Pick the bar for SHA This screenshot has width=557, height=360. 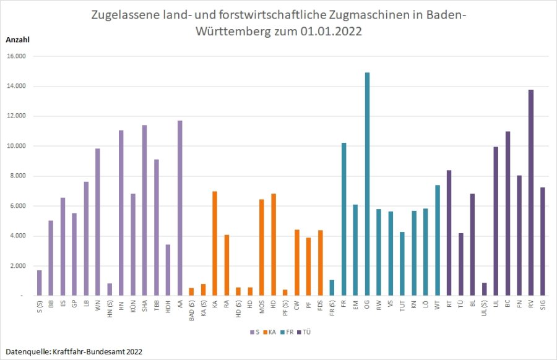pyautogui.click(x=144, y=210)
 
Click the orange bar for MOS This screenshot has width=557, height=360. pyautogui.click(x=261, y=247)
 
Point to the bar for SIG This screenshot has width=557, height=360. pyautogui.click(x=542, y=242)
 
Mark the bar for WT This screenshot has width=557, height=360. pyautogui.click(x=437, y=241)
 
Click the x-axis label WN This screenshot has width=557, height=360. pyautogui.click(x=98, y=305)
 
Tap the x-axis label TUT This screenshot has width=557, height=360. pyautogui.click(x=402, y=306)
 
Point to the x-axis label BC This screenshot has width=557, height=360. pyautogui.click(x=507, y=304)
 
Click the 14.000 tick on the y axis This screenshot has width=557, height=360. pyautogui.click(x=16, y=87)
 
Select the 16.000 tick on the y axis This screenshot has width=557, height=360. pyautogui.click(x=16, y=56)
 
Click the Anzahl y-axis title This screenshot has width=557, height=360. pyautogui.click(x=17, y=40)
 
